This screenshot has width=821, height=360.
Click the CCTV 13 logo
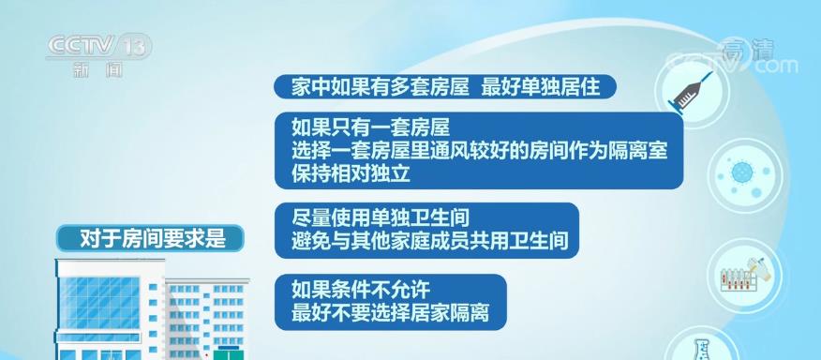click(x=99, y=47)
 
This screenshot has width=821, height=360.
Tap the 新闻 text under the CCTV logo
click(x=97, y=69)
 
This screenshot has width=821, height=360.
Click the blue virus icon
click(x=742, y=172)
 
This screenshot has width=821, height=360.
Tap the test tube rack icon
click(x=743, y=276)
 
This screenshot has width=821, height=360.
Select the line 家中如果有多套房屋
click(x=381, y=86)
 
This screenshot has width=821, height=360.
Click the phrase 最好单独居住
click(x=541, y=86)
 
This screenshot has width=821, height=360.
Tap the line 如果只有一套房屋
click(x=371, y=127)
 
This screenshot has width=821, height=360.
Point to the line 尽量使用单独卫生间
click(x=381, y=217)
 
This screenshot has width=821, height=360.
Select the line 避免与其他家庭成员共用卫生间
click(x=430, y=241)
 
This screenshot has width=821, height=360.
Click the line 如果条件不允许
click(x=361, y=289)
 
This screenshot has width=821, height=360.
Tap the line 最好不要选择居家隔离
click(x=390, y=313)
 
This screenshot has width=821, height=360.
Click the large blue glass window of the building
click(x=99, y=303)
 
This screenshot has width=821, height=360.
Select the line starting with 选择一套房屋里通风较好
click(x=480, y=151)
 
